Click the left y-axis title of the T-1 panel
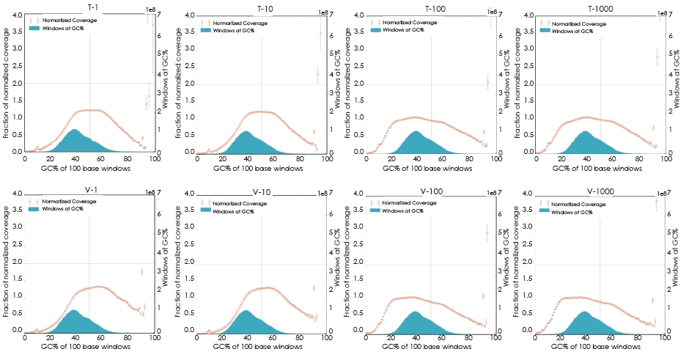[6, 82]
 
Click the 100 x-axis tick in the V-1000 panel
[669, 339]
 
